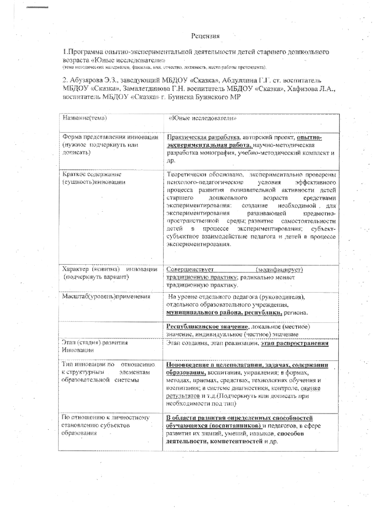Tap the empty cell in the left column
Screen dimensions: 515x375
[110, 330]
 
